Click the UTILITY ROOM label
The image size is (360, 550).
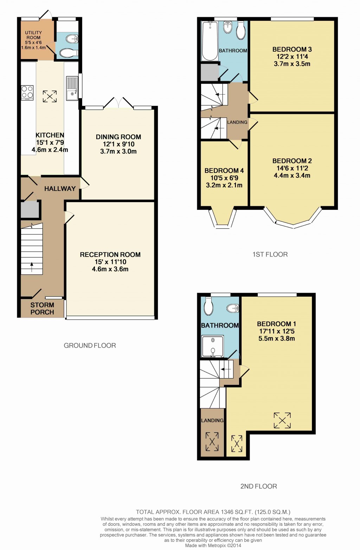(x=33, y=35)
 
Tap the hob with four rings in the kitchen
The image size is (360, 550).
(x=27, y=92)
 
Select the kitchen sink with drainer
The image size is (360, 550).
(x=72, y=88)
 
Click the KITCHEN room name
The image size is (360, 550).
(x=50, y=135)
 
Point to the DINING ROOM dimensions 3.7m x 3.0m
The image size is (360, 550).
(x=118, y=151)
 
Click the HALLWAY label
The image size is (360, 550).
(x=60, y=189)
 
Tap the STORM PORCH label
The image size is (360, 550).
(x=42, y=309)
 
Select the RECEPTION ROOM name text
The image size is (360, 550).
(x=110, y=255)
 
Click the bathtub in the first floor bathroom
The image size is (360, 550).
(x=210, y=41)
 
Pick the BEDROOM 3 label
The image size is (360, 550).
(x=292, y=50)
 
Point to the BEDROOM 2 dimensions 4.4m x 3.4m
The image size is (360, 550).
(x=292, y=176)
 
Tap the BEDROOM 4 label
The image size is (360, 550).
(x=224, y=171)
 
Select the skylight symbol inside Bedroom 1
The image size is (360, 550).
(x=282, y=420)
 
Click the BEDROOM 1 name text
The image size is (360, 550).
(x=276, y=324)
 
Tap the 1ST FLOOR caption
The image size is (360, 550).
(x=270, y=254)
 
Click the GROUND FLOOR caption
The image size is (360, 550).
(x=90, y=346)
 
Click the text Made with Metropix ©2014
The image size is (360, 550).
(x=213, y=545)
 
